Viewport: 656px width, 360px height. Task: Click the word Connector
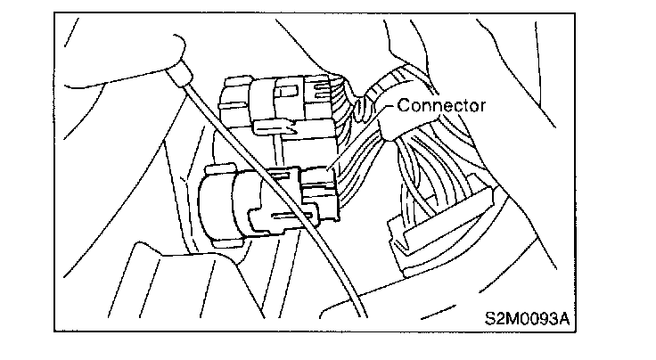442,105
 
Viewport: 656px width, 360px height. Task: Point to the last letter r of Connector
482,106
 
